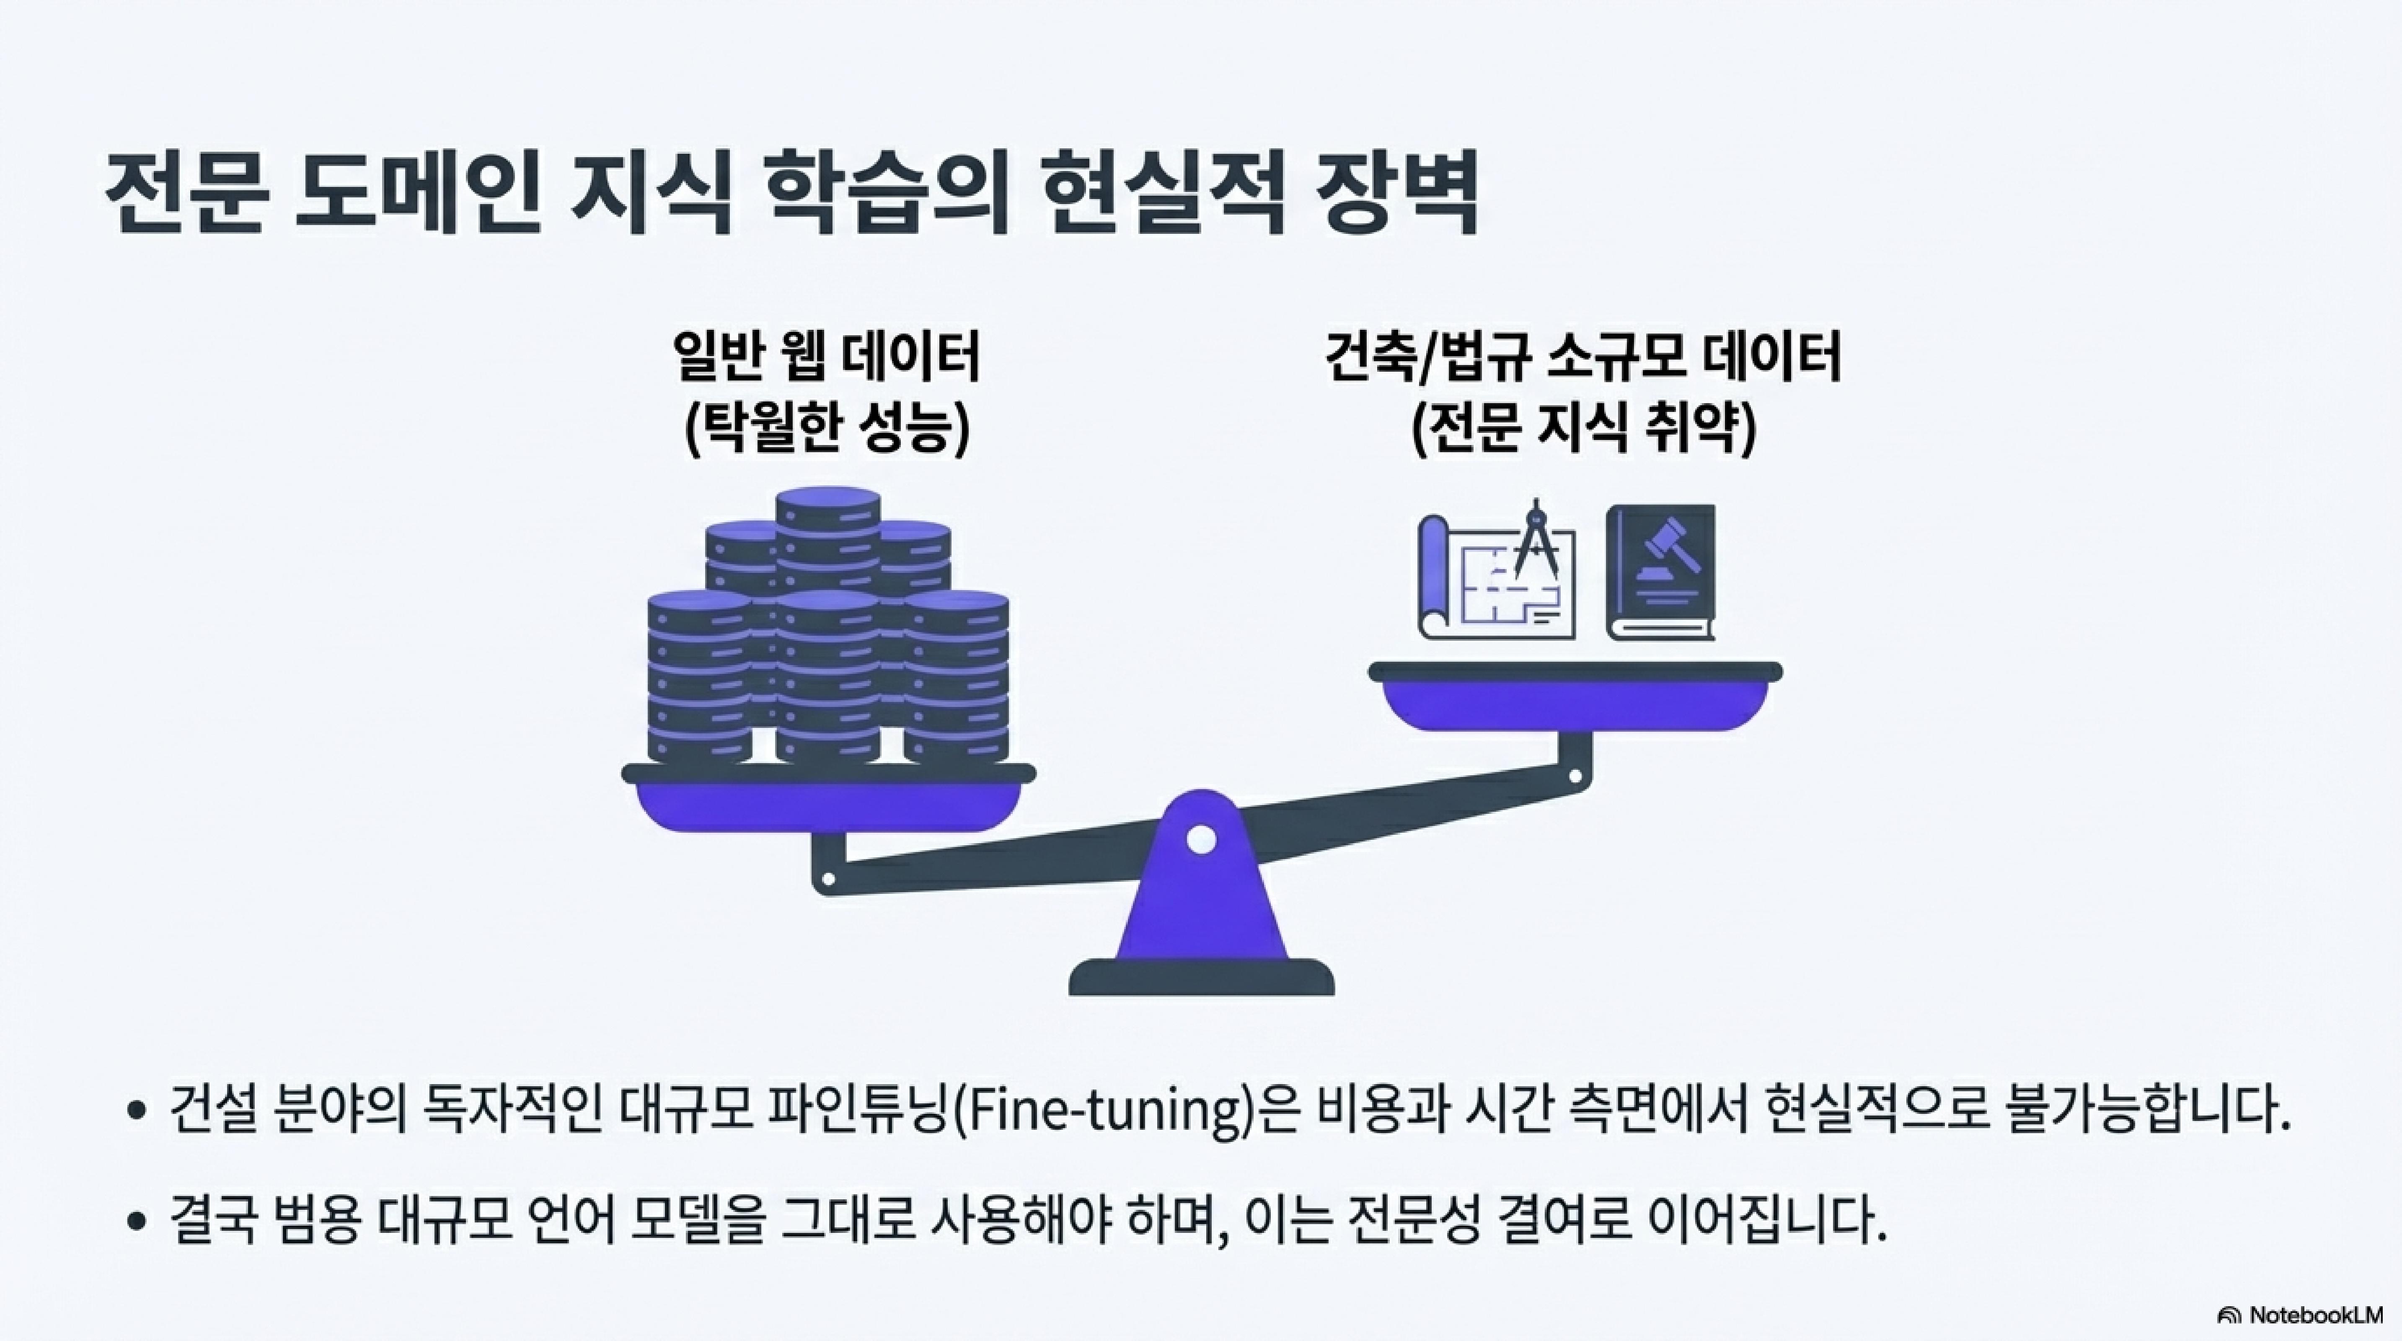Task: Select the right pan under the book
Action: [x=1575, y=695]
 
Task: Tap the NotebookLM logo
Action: [x=2312, y=1315]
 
